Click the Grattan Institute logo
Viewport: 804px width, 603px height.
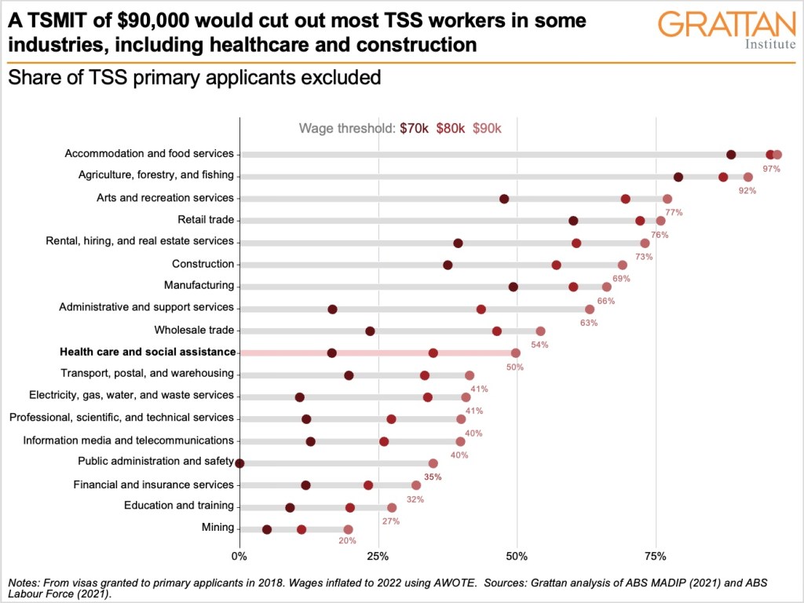coord(725,30)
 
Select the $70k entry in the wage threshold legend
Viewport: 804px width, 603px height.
coord(414,128)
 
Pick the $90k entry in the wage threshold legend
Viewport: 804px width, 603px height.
coord(487,128)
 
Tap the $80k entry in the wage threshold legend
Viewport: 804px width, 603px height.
coord(451,128)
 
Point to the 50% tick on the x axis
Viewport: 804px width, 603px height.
coord(517,556)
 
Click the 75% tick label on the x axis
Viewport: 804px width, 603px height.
coord(656,556)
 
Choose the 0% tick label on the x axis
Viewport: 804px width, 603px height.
coord(239,556)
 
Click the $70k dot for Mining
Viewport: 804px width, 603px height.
coord(267,529)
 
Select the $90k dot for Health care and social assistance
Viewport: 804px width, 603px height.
coord(516,353)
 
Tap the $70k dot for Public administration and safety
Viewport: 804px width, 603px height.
coord(239,463)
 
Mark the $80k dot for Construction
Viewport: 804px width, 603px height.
coord(557,265)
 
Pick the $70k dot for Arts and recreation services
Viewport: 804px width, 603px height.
coord(504,199)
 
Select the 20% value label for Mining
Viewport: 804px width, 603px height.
coord(347,541)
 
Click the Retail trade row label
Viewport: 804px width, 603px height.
coord(206,220)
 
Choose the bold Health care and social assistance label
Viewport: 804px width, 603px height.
coord(148,352)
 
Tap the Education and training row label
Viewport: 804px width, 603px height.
coord(179,506)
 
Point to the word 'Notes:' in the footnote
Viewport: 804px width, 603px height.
coord(25,583)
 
